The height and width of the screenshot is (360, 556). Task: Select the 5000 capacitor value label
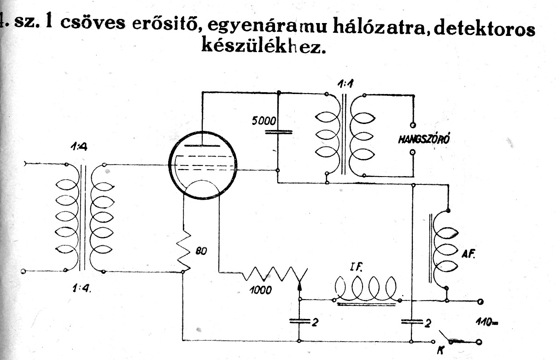pos(264,122)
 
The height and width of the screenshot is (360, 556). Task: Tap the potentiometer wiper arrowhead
pos(300,286)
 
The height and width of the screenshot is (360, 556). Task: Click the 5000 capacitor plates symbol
pos(279,132)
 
